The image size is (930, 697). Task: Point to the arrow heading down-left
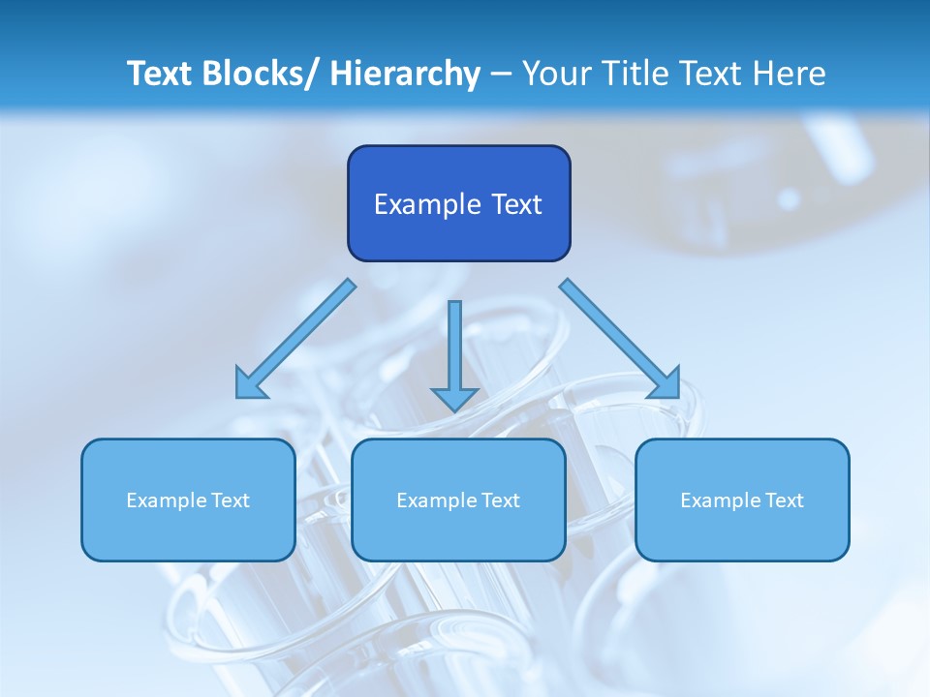tap(295, 339)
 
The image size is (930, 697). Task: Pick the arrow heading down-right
tap(620, 339)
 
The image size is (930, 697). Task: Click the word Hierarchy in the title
tap(405, 74)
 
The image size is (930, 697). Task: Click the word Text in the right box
tap(783, 500)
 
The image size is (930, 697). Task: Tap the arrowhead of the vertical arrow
tap(454, 397)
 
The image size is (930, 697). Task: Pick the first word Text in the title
tap(160, 74)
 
